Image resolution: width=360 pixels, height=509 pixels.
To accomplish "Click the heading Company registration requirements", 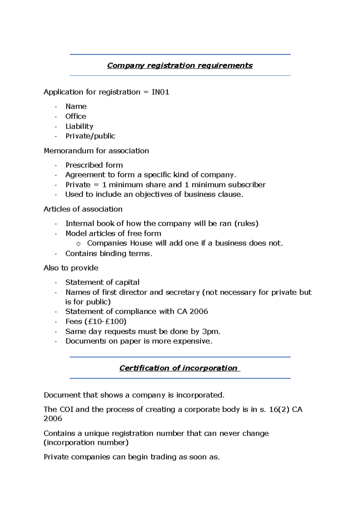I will [180, 65].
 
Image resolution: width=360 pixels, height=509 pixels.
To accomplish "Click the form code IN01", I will [160, 92].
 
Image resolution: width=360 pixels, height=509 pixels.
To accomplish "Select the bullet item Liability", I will [79, 126].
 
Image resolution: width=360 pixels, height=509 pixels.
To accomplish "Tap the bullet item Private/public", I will [90, 136].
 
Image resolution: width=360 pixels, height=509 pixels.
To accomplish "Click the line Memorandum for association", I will [96, 151].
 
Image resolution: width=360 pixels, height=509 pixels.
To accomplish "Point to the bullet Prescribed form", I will [94, 165].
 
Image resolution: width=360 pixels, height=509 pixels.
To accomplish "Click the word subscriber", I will [247, 185].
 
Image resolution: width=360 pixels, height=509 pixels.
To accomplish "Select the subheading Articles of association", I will [83, 209].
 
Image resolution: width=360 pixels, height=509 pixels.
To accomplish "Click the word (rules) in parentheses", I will [246, 224].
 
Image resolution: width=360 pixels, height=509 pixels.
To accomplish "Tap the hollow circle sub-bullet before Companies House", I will [79, 244].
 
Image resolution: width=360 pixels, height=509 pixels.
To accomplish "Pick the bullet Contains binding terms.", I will [109, 254].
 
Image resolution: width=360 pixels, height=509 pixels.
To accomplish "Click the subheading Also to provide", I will [71, 268].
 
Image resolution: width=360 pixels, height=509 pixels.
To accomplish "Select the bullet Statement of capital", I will [102, 282].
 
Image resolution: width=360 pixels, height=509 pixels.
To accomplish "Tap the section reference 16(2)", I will [279, 409].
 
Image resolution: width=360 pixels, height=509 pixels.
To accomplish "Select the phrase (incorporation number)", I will [86, 443].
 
